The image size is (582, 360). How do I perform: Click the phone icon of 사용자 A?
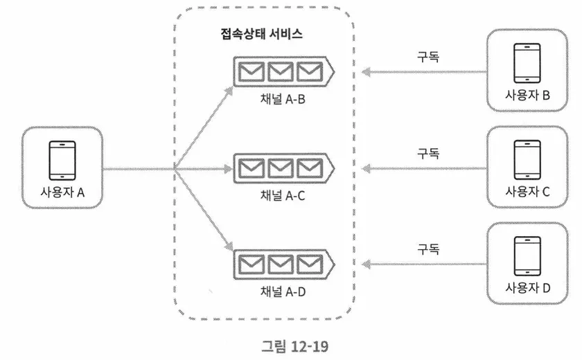(x=62, y=161)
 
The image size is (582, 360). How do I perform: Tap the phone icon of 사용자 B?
(x=527, y=64)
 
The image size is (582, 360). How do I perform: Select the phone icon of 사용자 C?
(x=527, y=161)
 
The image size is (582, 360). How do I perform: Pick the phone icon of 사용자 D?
(x=527, y=257)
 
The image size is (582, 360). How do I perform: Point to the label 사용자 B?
(x=527, y=96)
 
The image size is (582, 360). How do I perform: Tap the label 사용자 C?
(x=527, y=192)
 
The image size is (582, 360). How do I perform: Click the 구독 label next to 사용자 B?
(x=428, y=56)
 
